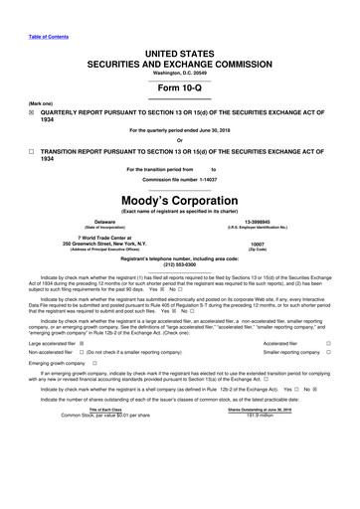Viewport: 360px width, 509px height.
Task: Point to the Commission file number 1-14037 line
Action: pyautogui.click(x=179, y=180)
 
